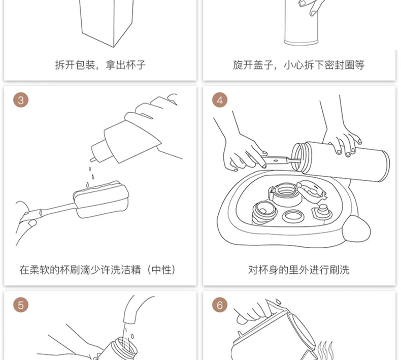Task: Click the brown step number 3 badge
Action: click(x=21, y=100)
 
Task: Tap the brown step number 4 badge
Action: click(x=220, y=100)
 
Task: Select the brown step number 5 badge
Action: click(x=21, y=305)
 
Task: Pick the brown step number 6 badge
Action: click(x=220, y=305)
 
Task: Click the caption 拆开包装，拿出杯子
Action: click(x=100, y=65)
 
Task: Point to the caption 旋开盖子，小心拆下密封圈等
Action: click(x=299, y=65)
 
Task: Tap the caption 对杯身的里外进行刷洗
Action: click(x=299, y=270)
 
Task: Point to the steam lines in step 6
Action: click(x=325, y=350)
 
